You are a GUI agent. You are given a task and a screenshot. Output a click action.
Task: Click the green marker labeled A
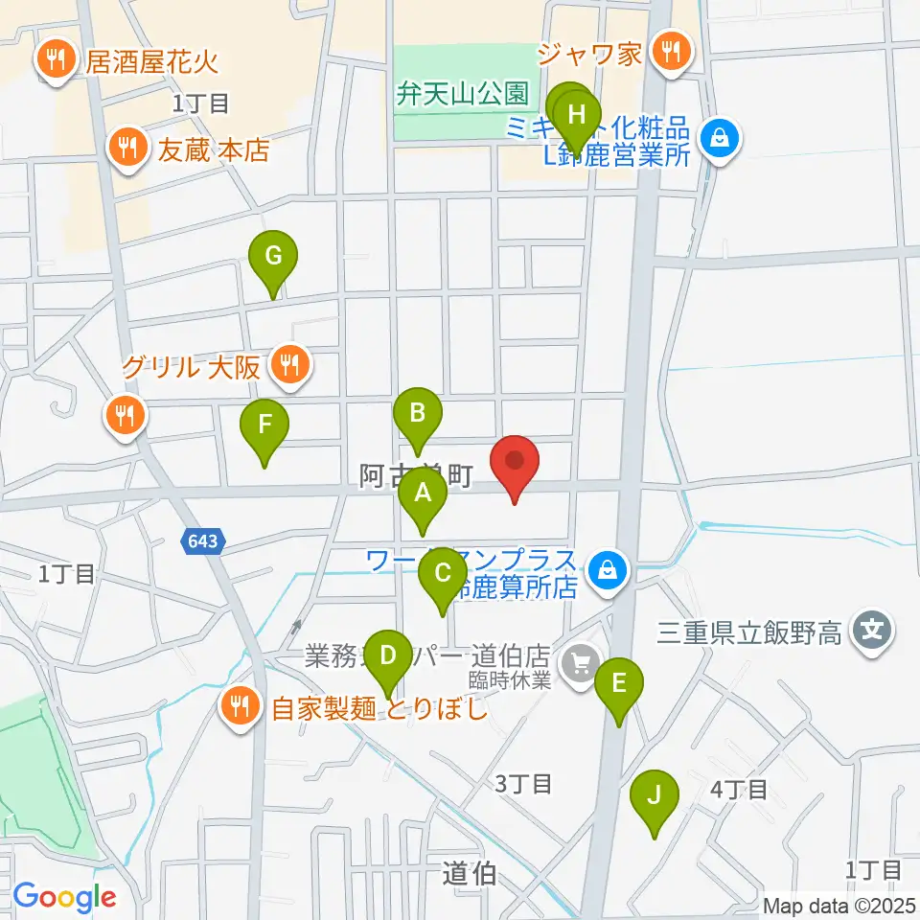pos(423,495)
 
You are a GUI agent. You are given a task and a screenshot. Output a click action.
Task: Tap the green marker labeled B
pos(417,414)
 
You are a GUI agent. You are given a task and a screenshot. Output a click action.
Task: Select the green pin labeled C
pos(442,575)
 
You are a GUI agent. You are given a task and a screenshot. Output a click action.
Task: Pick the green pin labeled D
pos(388,656)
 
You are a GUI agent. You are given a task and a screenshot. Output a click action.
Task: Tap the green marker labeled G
pos(273,257)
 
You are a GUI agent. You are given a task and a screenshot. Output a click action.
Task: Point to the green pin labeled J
pos(655,795)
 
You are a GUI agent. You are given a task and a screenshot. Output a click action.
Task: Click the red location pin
pos(515,462)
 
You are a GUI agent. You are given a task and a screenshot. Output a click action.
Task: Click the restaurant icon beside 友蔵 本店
pos(126,149)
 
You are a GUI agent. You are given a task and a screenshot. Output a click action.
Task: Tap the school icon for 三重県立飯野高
pos(874,632)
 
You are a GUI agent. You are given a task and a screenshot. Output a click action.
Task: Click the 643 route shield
pos(202,542)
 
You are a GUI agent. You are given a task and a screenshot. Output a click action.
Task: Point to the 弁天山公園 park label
pos(464,94)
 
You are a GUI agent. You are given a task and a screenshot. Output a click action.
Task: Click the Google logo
pos(64,897)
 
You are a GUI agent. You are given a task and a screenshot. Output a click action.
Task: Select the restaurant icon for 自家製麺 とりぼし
pos(239,708)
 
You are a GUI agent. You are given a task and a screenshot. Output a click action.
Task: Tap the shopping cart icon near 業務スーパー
pos(580,660)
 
